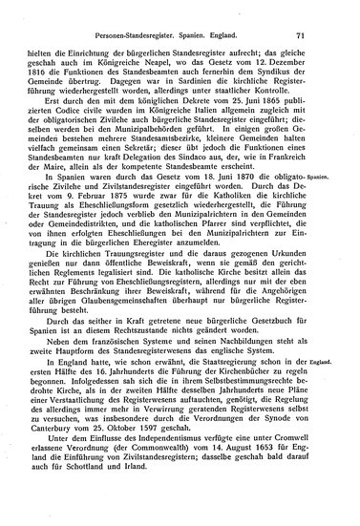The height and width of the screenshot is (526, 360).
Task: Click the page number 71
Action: point(326,11)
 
